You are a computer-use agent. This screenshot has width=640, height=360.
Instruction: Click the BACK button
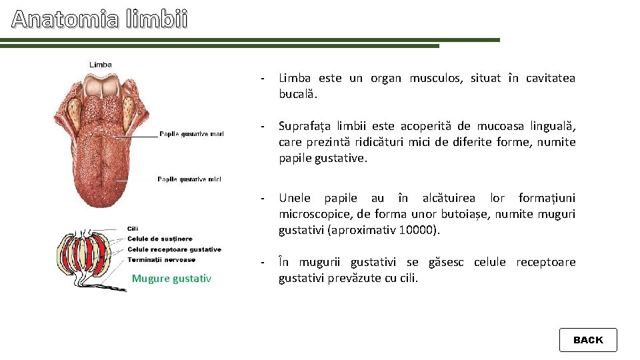pos(587,340)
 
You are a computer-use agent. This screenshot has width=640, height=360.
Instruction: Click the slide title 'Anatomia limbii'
pos(100,20)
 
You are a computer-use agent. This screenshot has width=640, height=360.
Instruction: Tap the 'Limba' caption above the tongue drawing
pos(101,65)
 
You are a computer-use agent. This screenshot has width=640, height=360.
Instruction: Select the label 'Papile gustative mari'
pos(191,135)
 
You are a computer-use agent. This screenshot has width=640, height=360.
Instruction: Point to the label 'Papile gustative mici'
pos(189,179)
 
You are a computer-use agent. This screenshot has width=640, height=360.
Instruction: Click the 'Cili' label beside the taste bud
pos(133,229)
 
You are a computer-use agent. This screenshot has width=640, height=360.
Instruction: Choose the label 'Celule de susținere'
pos(159,239)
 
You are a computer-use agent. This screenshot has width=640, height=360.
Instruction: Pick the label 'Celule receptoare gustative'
pos(174,249)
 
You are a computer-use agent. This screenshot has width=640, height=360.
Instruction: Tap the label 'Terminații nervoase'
pos(161,259)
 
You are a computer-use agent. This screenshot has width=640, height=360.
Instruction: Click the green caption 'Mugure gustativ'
pos(171,279)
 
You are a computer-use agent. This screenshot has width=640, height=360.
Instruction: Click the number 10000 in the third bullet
pos(417,230)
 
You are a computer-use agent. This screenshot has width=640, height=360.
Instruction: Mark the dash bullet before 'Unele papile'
pos(264,199)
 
